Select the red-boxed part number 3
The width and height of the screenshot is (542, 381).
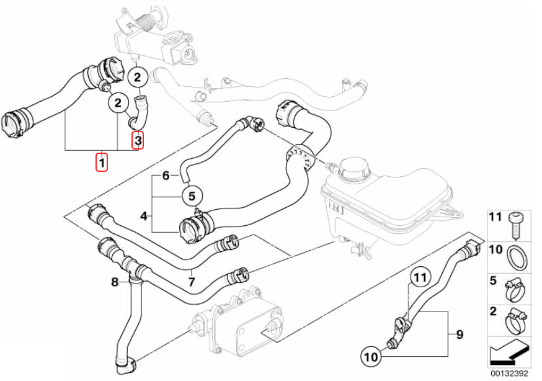coord(138,141)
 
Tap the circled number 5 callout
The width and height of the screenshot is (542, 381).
coord(192,197)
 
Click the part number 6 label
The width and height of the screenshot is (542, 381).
coord(166,176)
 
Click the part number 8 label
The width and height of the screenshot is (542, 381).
coord(115,282)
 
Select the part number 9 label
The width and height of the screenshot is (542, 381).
coord(460,335)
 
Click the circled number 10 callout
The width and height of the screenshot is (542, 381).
coord(370,356)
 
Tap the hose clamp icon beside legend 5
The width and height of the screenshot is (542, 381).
coord(515,286)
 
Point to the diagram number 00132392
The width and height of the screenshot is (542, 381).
coord(510,374)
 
